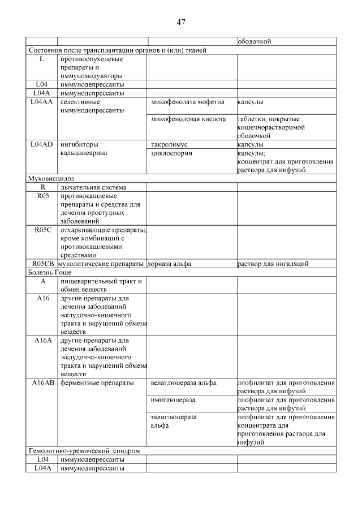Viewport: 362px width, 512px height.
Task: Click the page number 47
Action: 181,23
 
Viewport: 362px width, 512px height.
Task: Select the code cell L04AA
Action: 42,102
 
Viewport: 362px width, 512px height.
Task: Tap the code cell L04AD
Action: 42,145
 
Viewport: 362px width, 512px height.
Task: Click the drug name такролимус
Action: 170,145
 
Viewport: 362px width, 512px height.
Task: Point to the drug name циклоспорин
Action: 172,153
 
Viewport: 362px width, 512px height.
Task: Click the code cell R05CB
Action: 42,264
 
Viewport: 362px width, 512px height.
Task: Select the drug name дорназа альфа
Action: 169,264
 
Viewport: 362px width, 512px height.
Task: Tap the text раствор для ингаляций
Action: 273,264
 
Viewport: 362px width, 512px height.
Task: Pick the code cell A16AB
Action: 42,383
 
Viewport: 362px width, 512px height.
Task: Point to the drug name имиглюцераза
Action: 173,400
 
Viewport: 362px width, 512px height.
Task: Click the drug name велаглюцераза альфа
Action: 184,383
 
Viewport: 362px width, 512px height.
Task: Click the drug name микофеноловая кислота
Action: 188,119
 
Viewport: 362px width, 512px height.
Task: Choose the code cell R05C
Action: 42,230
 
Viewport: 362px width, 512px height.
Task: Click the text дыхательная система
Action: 93,187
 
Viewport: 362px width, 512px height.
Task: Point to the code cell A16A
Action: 42,341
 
